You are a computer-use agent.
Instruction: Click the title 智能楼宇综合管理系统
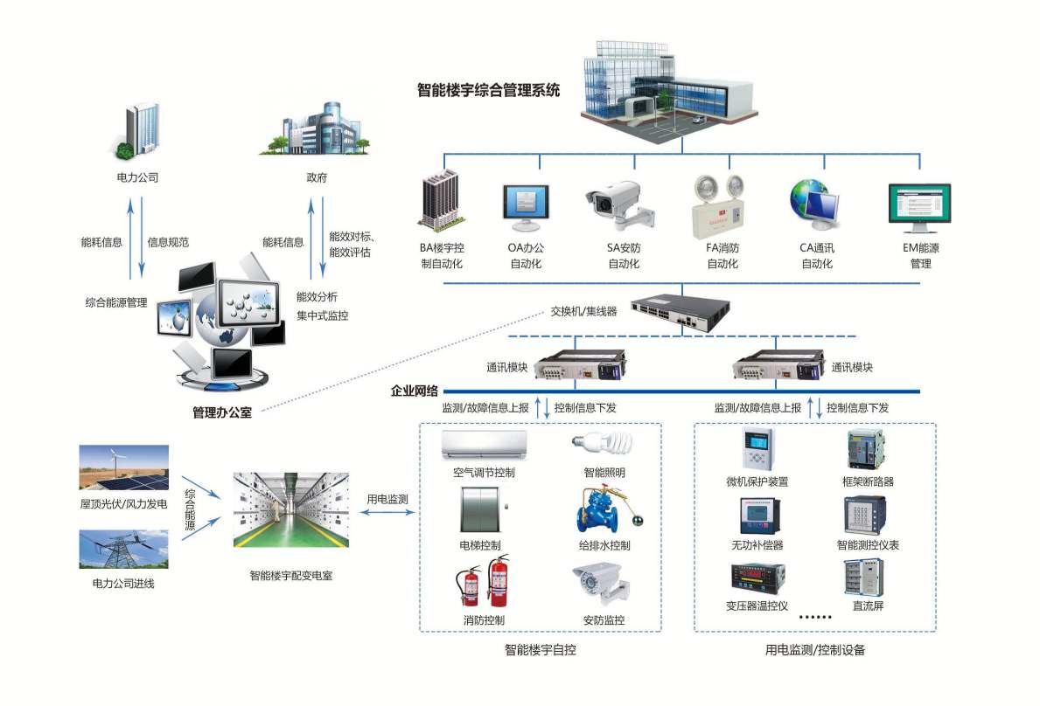click(488, 90)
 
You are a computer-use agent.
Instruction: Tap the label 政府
click(316, 177)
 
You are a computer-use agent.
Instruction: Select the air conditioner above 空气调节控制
click(485, 444)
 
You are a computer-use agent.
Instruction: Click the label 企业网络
click(415, 391)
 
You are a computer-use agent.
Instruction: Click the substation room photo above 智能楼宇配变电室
click(290, 509)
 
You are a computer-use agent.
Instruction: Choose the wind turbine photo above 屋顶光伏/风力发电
click(123, 467)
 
